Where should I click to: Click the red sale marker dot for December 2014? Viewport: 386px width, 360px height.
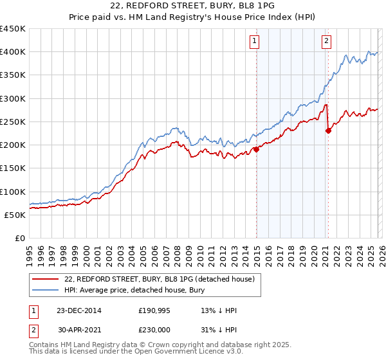(x=256, y=149)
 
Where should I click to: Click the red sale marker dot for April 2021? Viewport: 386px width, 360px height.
(x=328, y=130)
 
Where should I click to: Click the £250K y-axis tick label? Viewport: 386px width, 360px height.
(x=13, y=122)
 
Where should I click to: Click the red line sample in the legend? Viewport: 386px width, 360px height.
(x=45, y=279)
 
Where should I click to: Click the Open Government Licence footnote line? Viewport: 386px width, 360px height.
(x=122, y=353)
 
